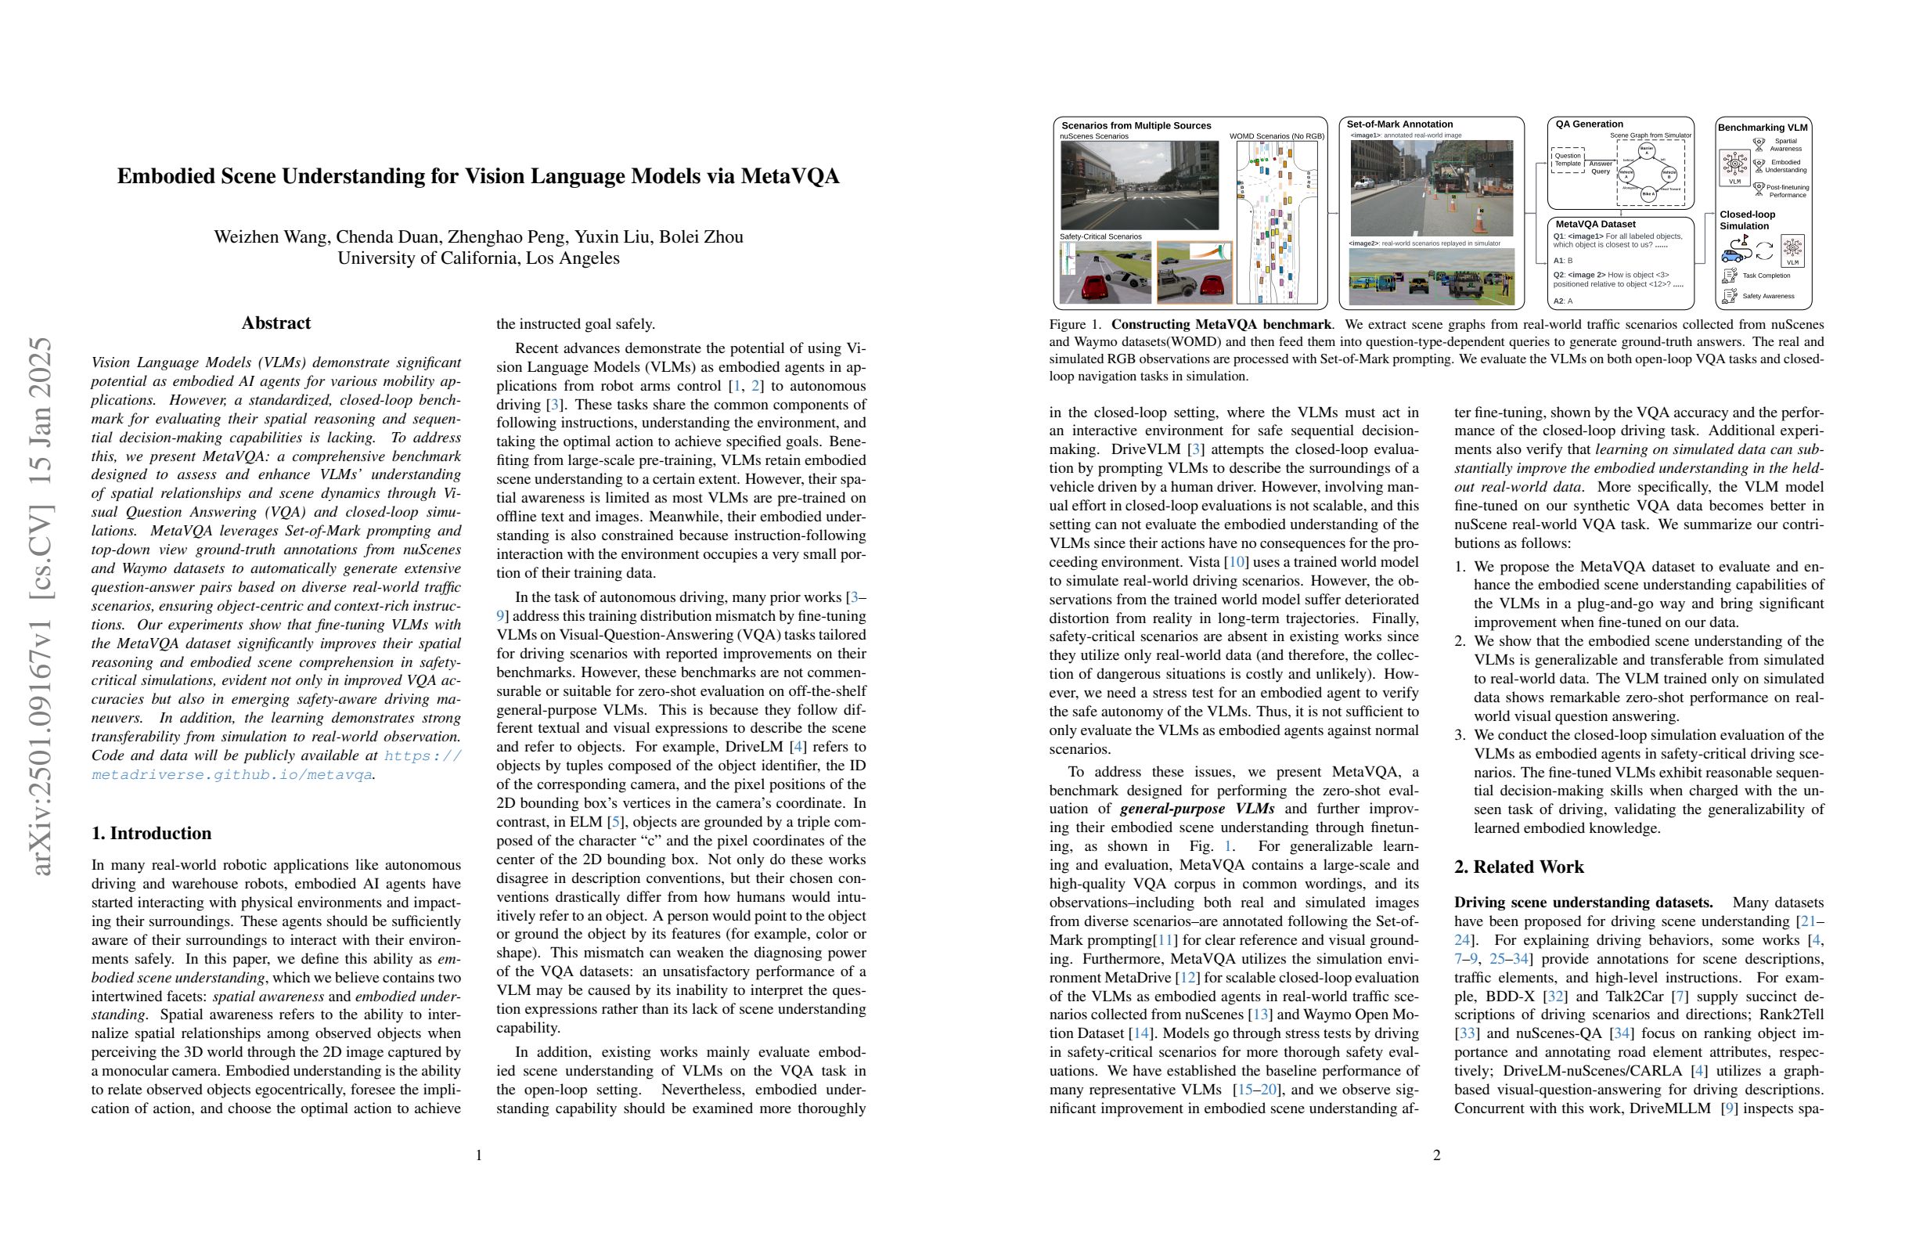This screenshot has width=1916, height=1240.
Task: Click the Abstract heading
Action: pos(276,323)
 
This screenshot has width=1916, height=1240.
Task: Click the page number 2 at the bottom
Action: pos(1437,1155)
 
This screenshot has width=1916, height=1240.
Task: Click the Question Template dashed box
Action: pos(1567,160)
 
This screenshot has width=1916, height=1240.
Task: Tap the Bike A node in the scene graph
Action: pos(1647,194)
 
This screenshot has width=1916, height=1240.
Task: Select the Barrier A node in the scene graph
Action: pos(1647,150)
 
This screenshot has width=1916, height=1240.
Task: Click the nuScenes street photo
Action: pos(1139,186)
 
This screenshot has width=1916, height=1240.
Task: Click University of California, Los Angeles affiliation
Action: pos(478,258)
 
